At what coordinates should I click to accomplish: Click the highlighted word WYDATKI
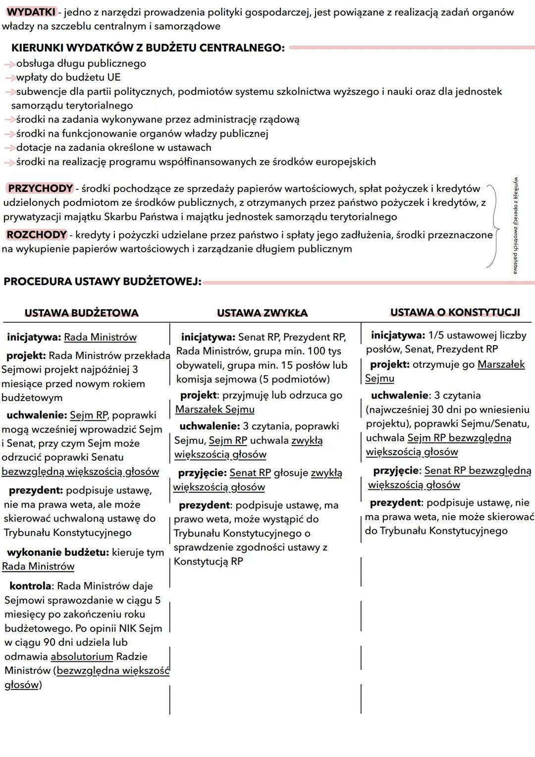point(31,12)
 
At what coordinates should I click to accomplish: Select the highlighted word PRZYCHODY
point(40,188)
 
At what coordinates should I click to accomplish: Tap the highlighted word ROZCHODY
point(36,234)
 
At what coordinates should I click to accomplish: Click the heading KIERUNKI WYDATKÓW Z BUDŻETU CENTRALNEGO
point(148,48)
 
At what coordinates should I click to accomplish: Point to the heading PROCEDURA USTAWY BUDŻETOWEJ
point(102,282)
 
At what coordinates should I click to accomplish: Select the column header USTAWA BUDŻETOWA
point(81,313)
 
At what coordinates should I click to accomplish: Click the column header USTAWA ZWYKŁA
point(262,313)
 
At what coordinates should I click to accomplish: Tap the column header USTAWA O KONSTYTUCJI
point(455,312)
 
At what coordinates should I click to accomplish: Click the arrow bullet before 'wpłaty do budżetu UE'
point(9,78)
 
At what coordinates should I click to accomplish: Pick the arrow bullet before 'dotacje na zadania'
point(9,148)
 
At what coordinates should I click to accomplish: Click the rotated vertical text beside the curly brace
point(516,225)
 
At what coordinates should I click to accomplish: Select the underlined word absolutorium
point(82,656)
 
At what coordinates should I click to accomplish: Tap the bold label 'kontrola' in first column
point(30,586)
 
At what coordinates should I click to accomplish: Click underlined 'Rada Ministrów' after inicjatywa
point(100,337)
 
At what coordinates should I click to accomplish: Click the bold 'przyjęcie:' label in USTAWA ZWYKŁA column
point(202,473)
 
